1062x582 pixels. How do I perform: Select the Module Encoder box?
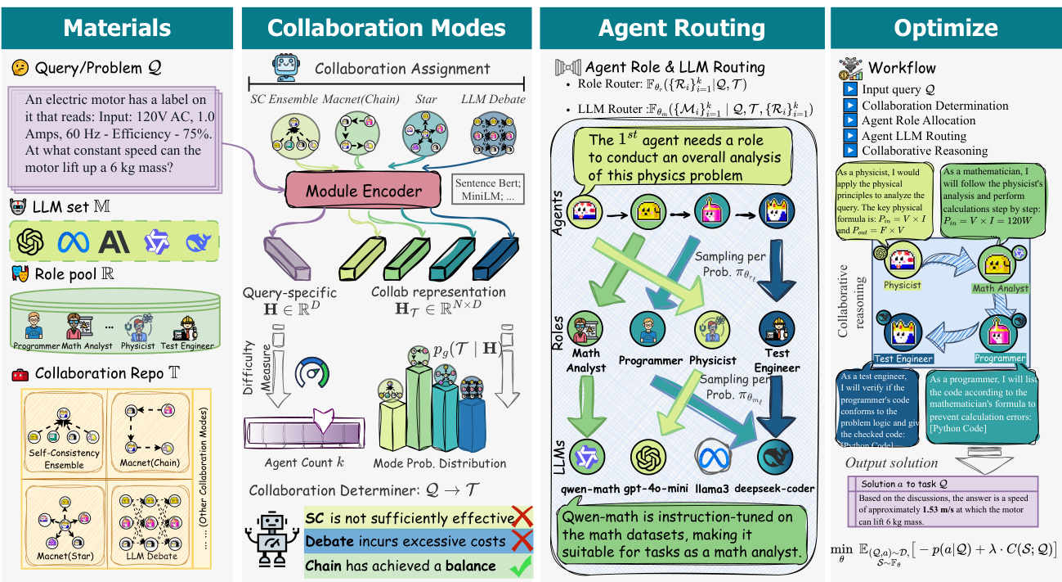pyautogui.click(x=364, y=192)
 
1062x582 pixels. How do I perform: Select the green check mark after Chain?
pyautogui.click(x=516, y=566)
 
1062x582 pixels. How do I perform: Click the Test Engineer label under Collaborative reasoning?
pyautogui.click(x=904, y=359)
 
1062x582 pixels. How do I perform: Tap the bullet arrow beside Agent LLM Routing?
pyautogui.click(x=849, y=136)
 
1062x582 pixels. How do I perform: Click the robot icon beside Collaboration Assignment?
pyautogui.click(x=285, y=68)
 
